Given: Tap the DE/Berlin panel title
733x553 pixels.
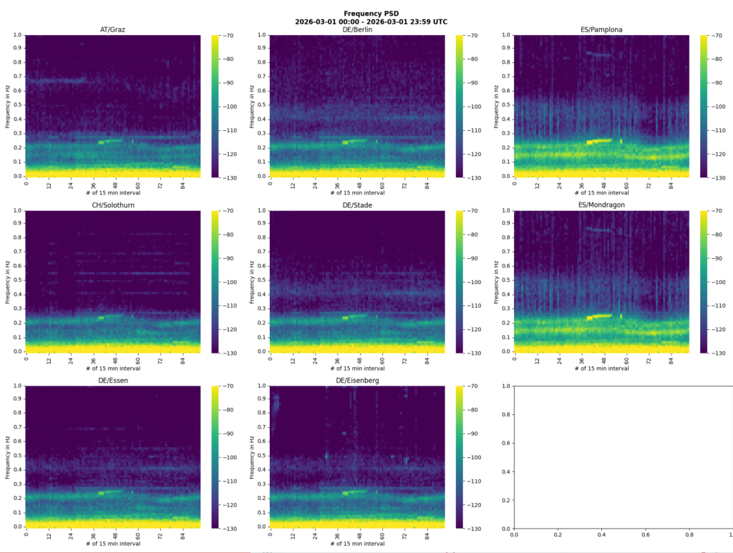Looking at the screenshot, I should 357,29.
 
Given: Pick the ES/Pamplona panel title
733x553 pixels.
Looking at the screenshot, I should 601,29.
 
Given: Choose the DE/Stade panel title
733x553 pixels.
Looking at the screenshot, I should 357,206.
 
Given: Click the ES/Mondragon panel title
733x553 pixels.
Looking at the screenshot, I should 601,206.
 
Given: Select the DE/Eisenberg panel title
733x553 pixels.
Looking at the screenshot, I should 357,381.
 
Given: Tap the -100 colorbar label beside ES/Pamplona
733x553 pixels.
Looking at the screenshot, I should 717,106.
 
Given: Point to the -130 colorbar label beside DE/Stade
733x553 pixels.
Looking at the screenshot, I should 473,353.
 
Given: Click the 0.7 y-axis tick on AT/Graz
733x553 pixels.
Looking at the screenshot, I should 16,77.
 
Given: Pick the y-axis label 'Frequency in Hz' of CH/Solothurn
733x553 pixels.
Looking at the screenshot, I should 7,282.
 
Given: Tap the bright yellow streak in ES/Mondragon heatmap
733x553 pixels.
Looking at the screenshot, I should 600,316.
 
